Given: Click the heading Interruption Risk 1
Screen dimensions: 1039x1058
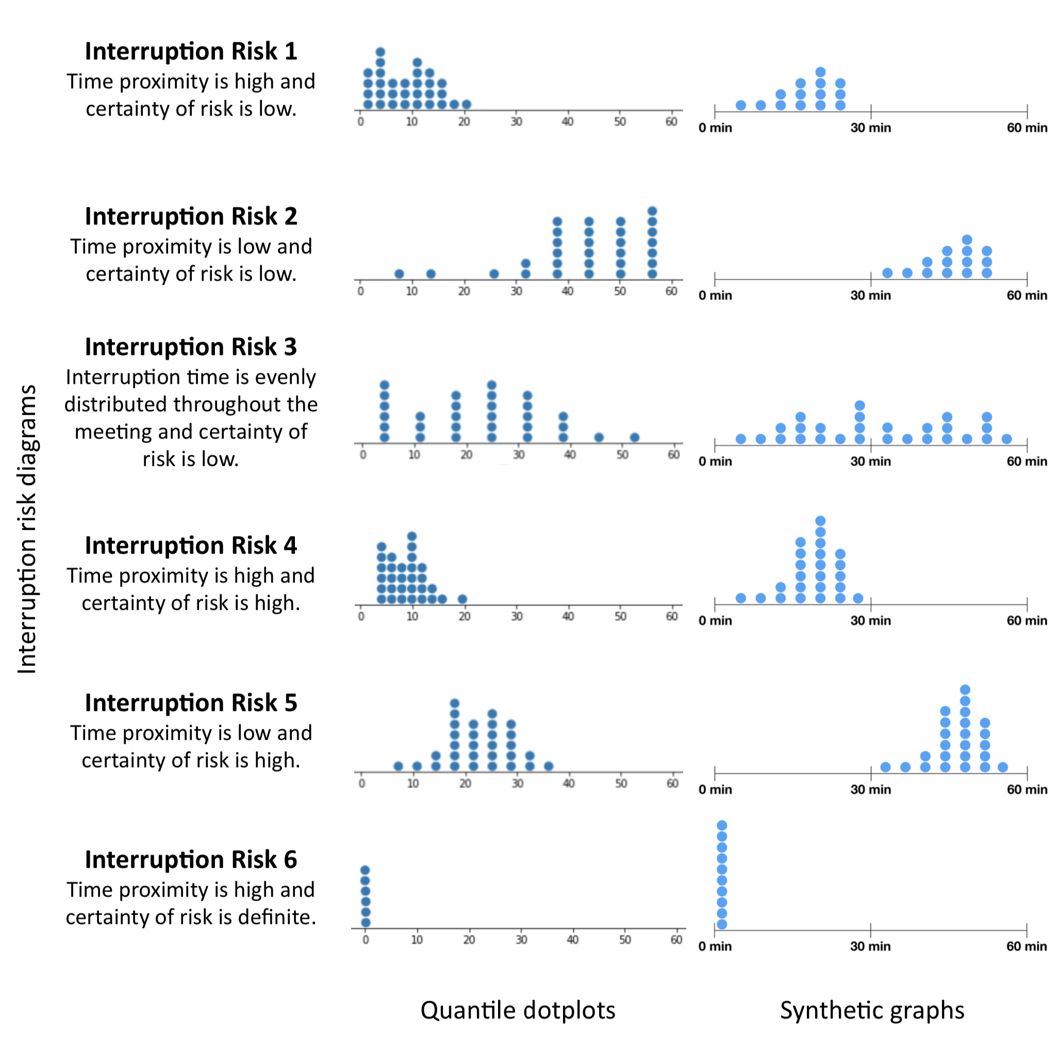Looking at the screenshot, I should [x=191, y=51].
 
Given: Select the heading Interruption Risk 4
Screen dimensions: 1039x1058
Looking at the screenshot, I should [x=191, y=546].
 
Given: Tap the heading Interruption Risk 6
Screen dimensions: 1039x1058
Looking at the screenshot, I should [x=191, y=860].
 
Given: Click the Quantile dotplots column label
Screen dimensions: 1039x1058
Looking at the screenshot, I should [x=518, y=1010].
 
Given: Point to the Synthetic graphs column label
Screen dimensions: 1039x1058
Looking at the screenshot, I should [x=871, y=1010].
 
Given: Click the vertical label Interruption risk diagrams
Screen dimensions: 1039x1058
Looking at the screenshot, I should [x=27, y=529].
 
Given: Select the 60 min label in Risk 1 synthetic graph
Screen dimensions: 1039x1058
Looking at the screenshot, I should [x=1027, y=128].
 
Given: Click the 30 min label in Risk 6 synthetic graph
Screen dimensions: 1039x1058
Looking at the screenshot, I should [x=870, y=946].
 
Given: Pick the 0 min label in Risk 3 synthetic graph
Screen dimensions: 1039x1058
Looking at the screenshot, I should [x=715, y=462].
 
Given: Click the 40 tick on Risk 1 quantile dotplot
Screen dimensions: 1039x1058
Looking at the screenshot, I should [x=568, y=121].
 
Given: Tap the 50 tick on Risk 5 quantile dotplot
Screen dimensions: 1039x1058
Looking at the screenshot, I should [x=621, y=784].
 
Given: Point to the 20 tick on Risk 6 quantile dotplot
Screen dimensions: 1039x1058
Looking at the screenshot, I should [x=469, y=939].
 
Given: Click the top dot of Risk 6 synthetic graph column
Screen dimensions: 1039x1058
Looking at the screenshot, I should [x=721, y=825].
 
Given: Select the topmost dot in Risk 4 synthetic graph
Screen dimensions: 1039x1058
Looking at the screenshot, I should [x=820, y=521].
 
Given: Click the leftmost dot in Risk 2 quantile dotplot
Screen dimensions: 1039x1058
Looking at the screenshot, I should [x=399, y=274].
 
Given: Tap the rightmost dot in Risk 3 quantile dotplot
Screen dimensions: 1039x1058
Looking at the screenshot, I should [x=634, y=437].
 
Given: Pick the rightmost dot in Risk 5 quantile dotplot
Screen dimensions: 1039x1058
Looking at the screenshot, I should [x=549, y=766].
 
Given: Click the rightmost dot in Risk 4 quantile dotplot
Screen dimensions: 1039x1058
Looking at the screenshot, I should [x=462, y=599].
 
